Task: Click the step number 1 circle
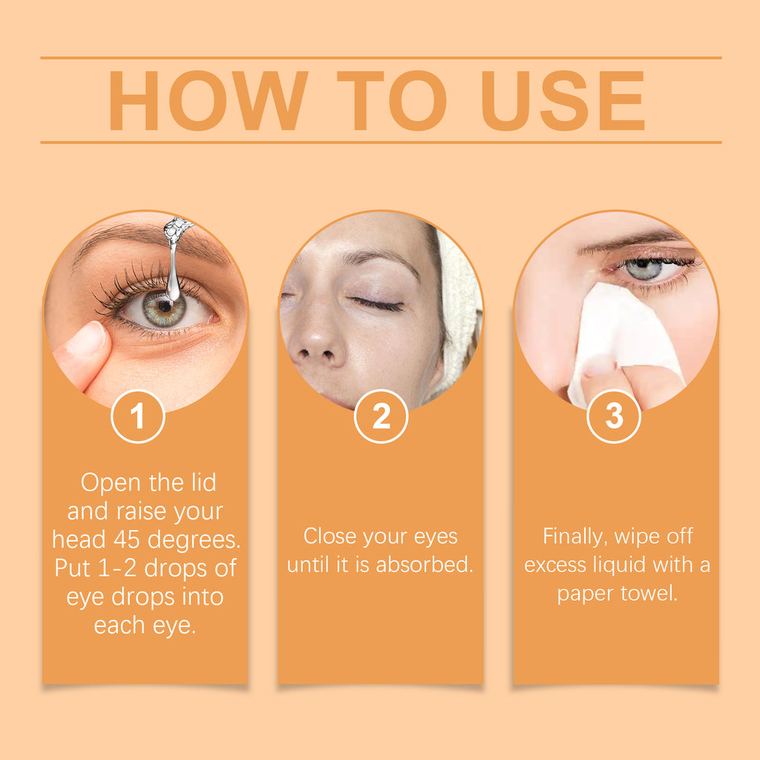click(x=137, y=416)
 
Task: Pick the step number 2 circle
click(x=381, y=416)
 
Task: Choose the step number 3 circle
click(x=614, y=416)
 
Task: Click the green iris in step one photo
click(x=163, y=307)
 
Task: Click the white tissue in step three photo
click(x=623, y=341)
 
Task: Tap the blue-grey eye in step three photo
click(x=643, y=269)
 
